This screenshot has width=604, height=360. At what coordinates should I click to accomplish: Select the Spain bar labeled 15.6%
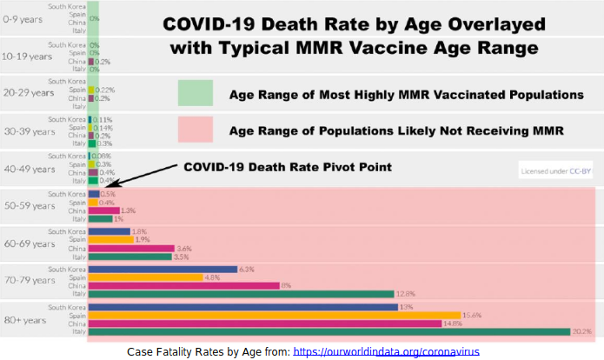[x=274, y=315]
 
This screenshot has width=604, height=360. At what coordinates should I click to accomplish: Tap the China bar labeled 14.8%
[x=265, y=323]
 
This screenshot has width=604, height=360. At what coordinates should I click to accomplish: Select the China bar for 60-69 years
[x=129, y=248]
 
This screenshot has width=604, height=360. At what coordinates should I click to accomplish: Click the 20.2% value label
[x=583, y=330]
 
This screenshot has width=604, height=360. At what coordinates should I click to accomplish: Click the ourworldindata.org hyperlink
[x=386, y=351]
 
